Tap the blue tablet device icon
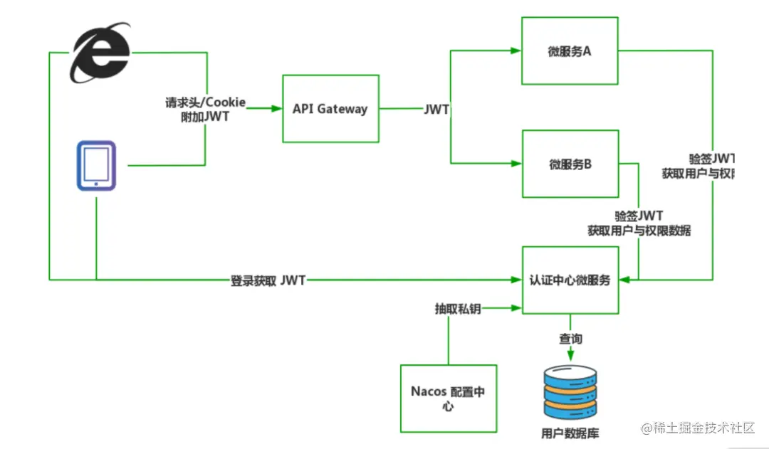pyautogui.click(x=96, y=166)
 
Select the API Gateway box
pyautogui.click(x=330, y=109)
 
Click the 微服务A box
pyautogui.click(x=570, y=51)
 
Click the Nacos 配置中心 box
pyautogui.click(x=448, y=398)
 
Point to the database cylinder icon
pyautogui.click(x=570, y=391)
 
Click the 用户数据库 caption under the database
pyautogui.click(x=570, y=433)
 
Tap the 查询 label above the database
pyautogui.click(x=570, y=338)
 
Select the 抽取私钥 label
pyautogui.click(x=458, y=309)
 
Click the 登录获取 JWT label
pyautogui.click(x=268, y=280)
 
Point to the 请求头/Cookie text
pyautogui.click(x=206, y=102)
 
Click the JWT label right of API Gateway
pyautogui.click(x=436, y=109)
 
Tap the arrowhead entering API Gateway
pyautogui.click(x=277, y=109)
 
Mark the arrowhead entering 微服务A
pyautogui.click(x=516, y=51)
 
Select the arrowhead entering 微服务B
pyautogui.click(x=516, y=164)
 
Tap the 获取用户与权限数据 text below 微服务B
pyautogui.click(x=639, y=231)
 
